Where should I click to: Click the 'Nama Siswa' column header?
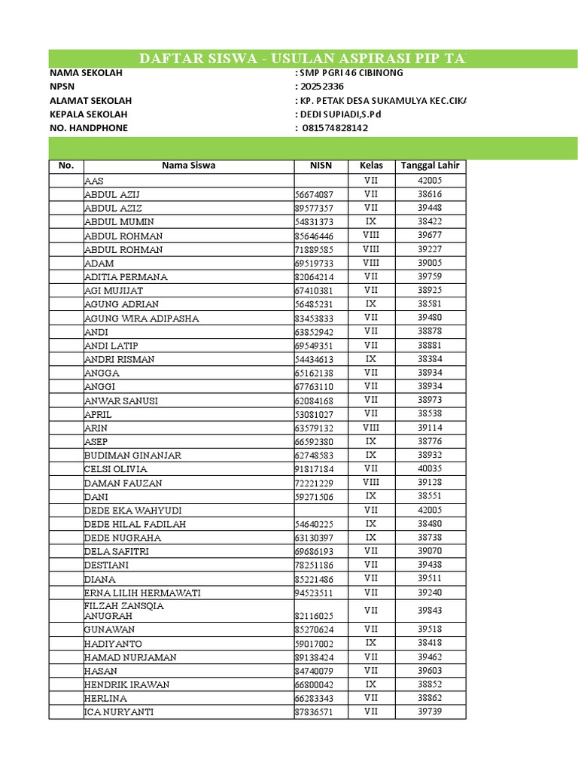(188, 166)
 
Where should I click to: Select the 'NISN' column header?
(320, 166)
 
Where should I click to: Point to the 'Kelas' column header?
(371, 166)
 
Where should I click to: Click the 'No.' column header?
(66, 166)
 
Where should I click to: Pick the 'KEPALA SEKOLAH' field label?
(88, 114)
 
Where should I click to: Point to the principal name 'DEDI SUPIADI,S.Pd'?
(341, 114)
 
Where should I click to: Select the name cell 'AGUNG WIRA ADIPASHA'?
(141, 318)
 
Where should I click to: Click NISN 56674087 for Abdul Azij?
(314, 195)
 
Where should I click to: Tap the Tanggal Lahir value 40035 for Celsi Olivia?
(429, 469)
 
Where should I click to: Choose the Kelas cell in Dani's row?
(371, 497)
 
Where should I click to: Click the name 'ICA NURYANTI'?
(119, 712)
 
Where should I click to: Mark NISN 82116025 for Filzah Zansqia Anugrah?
(314, 616)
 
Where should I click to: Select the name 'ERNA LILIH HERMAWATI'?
(142, 593)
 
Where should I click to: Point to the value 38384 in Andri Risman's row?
(429, 359)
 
